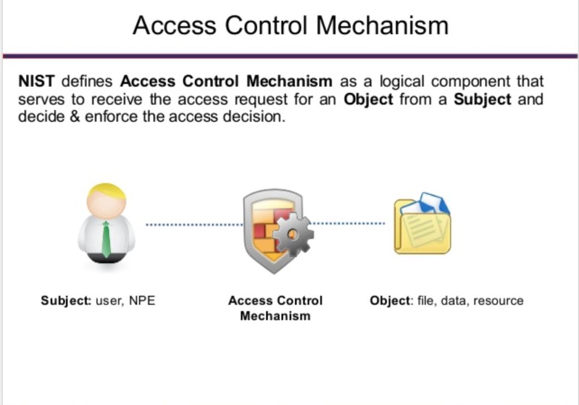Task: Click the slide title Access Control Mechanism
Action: tap(290, 25)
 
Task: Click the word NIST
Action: tap(36, 81)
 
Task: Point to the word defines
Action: tap(87, 81)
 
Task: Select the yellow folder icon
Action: tap(422, 229)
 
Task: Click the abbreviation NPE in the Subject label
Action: tap(142, 300)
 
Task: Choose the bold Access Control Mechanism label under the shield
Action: tap(275, 308)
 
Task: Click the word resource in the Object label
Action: tap(498, 300)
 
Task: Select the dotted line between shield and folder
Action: tap(348, 223)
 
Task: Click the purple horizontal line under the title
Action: tap(290, 56)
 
